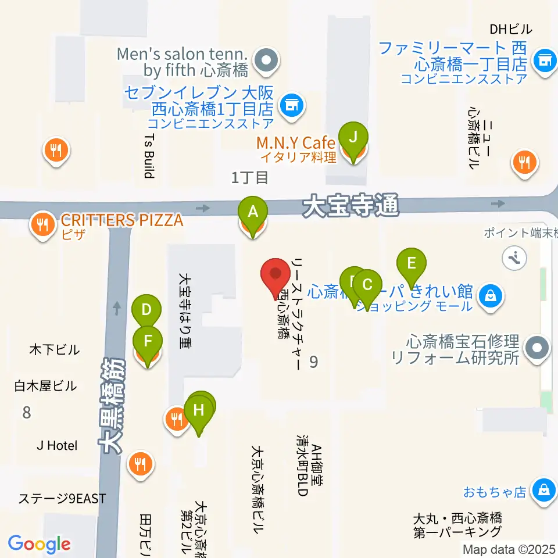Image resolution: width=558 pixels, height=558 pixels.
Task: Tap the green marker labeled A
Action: pyautogui.click(x=252, y=212)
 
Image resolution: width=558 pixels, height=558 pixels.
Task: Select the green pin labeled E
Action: pyautogui.click(x=411, y=263)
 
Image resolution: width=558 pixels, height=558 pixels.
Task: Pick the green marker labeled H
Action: pyautogui.click(x=199, y=410)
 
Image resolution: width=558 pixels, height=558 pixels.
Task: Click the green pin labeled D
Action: pyautogui.click(x=146, y=309)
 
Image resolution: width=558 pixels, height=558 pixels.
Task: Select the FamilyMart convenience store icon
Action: pyautogui.click(x=545, y=59)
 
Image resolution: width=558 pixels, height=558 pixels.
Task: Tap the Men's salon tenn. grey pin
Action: pyautogui.click(x=267, y=59)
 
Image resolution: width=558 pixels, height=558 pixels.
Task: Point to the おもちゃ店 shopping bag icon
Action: pyautogui.click(x=543, y=489)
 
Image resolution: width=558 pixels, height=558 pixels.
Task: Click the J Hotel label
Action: pyautogui.click(x=57, y=446)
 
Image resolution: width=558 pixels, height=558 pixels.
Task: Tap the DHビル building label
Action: pyautogui.click(x=511, y=28)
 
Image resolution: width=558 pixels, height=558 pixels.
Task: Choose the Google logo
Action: pyautogui.click(x=39, y=544)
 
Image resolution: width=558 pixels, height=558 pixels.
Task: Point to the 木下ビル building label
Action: pyautogui.click(x=54, y=350)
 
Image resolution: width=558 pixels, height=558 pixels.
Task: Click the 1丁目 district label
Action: pyautogui.click(x=249, y=178)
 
